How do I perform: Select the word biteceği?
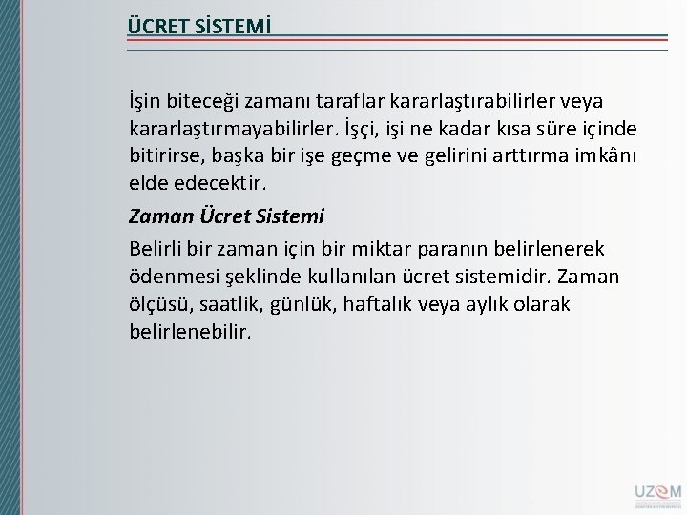[204, 101]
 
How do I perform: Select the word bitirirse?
[161, 154]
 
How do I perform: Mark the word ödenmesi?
[165, 278]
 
